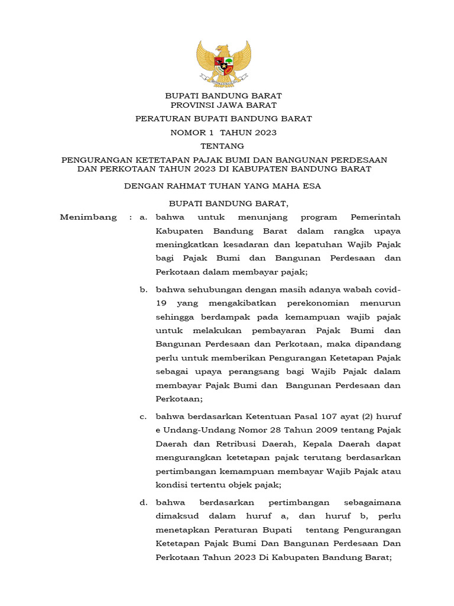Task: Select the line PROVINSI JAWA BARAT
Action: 223,105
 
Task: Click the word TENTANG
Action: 222,146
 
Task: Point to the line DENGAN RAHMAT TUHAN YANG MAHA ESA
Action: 222,186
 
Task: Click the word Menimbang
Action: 89,217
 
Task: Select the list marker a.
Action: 142,217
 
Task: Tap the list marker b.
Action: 142,289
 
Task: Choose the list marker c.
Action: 142,417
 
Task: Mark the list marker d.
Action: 142,502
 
